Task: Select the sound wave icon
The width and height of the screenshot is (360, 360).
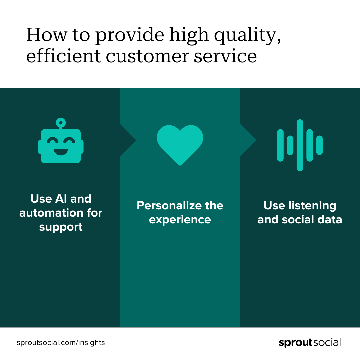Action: click(300, 145)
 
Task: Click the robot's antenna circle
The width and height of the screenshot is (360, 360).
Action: click(61, 122)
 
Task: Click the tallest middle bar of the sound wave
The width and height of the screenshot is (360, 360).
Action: click(300, 145)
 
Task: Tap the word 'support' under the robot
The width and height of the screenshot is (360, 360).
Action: click(61, 227)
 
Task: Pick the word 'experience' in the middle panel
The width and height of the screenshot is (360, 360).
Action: click(180, 220)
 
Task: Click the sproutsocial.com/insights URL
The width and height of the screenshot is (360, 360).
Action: click(61, 343)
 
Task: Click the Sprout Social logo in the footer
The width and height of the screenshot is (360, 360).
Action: click(310, 343)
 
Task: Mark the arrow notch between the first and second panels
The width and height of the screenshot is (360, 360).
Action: click(128, 140)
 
